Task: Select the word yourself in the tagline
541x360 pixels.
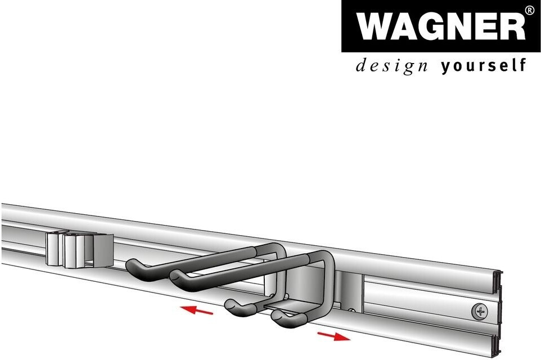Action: click(x=484, y=66)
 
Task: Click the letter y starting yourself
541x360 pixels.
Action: click(x=445, y=67)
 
